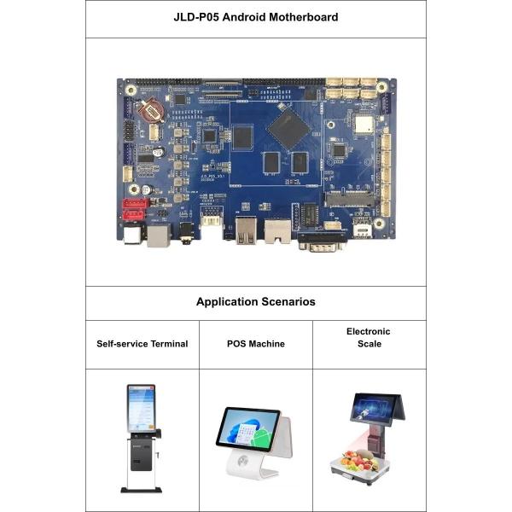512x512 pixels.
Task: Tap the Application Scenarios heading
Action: [255, 302]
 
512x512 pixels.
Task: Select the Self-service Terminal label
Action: [142, 344]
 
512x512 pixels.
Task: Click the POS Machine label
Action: [255, 344]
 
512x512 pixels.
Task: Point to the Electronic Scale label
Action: [369, 337]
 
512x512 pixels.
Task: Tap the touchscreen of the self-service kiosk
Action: [141, 408]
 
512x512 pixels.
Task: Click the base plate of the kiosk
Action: [141, 489]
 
